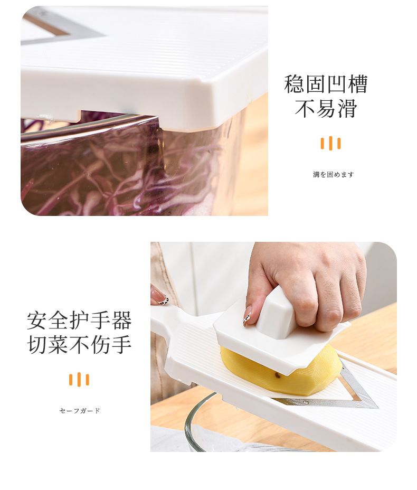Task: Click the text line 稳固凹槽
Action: click(326, 84)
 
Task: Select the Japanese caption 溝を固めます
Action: click(334, 174)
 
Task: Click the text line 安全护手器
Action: click(79, 321)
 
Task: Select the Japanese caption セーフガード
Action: click(80, 411)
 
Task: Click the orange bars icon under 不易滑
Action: click(330, 144)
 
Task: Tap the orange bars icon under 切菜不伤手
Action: click(79, 379)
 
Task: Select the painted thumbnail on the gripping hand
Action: click(248, 316)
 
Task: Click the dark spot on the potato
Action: click(277, 376)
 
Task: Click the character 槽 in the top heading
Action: click(357, 84)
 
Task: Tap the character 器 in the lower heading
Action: click(121, 321)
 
